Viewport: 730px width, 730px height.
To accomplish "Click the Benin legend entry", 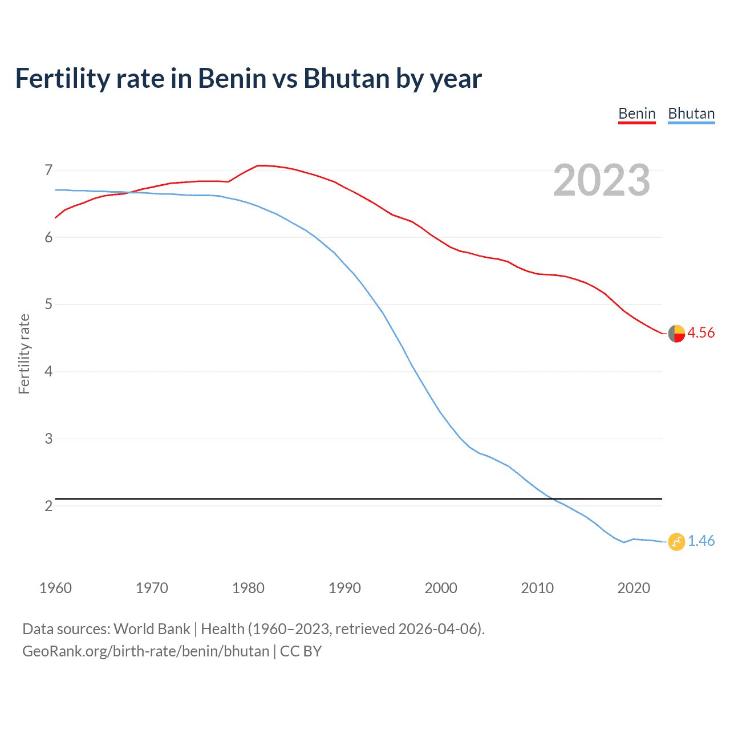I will point(637,113).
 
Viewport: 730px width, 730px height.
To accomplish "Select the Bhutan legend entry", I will point(691,113).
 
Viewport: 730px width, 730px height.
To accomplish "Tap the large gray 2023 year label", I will point(602,180).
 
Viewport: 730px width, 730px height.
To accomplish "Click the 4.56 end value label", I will point(701,332).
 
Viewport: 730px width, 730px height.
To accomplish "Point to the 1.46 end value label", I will point(701,541).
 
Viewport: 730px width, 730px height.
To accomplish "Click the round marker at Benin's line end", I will point(676,334).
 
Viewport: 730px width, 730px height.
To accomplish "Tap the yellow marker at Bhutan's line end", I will point(676,541).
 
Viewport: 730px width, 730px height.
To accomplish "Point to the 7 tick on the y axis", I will point(48,170).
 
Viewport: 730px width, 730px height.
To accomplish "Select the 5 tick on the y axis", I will point(48,305).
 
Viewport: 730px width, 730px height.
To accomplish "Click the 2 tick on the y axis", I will point(48,506).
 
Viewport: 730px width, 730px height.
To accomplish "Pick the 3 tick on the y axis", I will point(48,439).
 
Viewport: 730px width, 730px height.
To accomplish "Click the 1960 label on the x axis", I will point(55,588).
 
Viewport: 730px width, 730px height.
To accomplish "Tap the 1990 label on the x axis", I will point(344,588).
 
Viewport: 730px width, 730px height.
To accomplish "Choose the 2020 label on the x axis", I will point(634,588).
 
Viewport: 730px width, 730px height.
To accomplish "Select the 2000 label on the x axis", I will point(441,588).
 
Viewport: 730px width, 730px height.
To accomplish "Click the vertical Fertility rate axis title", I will point(24,354).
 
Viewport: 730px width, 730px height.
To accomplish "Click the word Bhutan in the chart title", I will point(347,78).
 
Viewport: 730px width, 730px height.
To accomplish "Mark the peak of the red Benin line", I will point(259,165).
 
